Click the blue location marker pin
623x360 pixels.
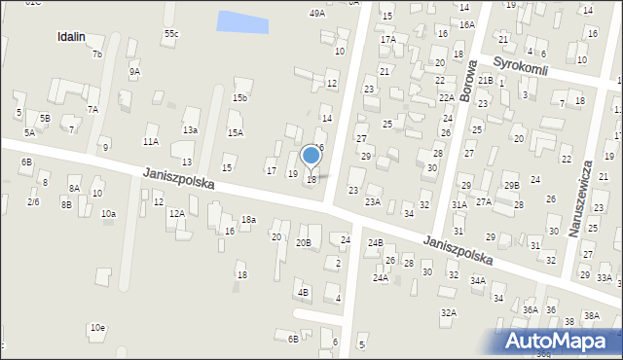tap(311, 155)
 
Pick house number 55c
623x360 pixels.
tap(171, 34)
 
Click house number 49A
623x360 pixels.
tap(317, 14)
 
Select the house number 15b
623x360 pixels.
tap(239, 98)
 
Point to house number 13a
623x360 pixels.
tap(190, 129)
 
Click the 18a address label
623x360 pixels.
tap(248, 220)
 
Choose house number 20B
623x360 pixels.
tap(304, 243)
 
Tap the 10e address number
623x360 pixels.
tap(97, 328)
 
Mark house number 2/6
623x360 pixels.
tap(33, 201)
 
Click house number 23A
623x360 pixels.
tap(373, 202)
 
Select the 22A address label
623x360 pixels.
tap(447, 97)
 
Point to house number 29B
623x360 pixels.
tap(511, 185)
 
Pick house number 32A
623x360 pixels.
tap(449, 312)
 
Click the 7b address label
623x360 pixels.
tap(96, 54)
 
